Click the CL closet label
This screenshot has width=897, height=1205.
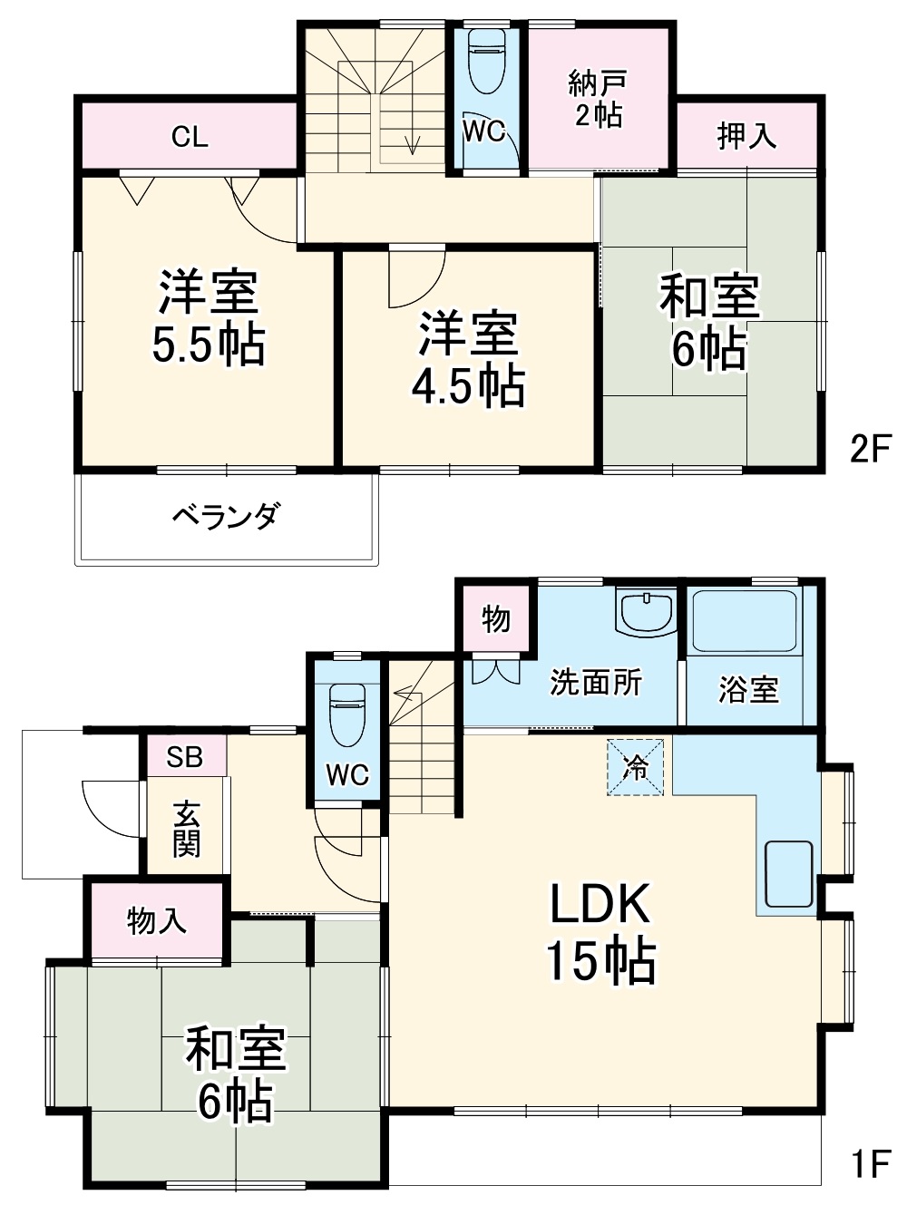tap(190, 137)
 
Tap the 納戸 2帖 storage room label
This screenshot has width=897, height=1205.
tap(598, 99)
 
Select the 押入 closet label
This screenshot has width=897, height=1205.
tap(746, 136)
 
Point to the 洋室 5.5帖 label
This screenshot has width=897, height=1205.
tap(209, 318)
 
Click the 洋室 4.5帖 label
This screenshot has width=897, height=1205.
tap(468, 359)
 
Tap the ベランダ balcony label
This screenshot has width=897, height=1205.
tap(225, 517)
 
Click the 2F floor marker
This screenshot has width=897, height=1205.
tap(870, 449)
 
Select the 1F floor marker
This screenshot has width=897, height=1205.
tap(870, 1164)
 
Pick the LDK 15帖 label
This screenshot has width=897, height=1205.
tap(600, 933)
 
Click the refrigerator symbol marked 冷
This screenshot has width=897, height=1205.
tap(636, 767)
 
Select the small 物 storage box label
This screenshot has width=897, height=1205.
tap(495, 620)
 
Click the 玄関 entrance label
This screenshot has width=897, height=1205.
tap(186, 830)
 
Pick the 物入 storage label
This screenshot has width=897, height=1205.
tap(157, 921)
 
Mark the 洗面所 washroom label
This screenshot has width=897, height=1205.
tap(596, 683)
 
